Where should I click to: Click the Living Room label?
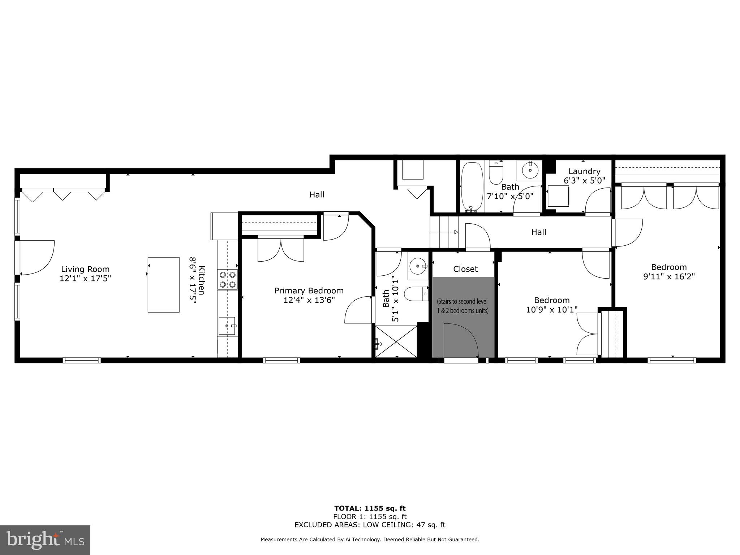click(85, 269)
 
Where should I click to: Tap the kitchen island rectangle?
click(163, 285)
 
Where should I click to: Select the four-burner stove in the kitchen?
click(227, 280)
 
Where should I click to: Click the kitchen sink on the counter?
click(227, 326)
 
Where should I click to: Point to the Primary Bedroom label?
click(309, 291)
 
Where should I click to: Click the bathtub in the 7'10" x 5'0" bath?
click(472, 187)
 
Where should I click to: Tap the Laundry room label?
click(584, 171)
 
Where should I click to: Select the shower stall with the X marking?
click(396, 341)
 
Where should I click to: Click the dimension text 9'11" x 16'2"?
click(669, 277)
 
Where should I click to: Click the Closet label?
click(465, 269)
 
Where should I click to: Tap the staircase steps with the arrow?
click(444, 232)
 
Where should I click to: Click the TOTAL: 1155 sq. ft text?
click(370, 509)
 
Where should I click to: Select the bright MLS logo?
click(45, 540)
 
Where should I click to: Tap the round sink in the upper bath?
click(530, 170)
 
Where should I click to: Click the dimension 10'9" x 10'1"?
click(552, 310)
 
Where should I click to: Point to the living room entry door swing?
click(36, 257)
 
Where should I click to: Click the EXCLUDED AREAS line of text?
click(370, 525)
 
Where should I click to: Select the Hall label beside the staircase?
click(538, 232)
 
